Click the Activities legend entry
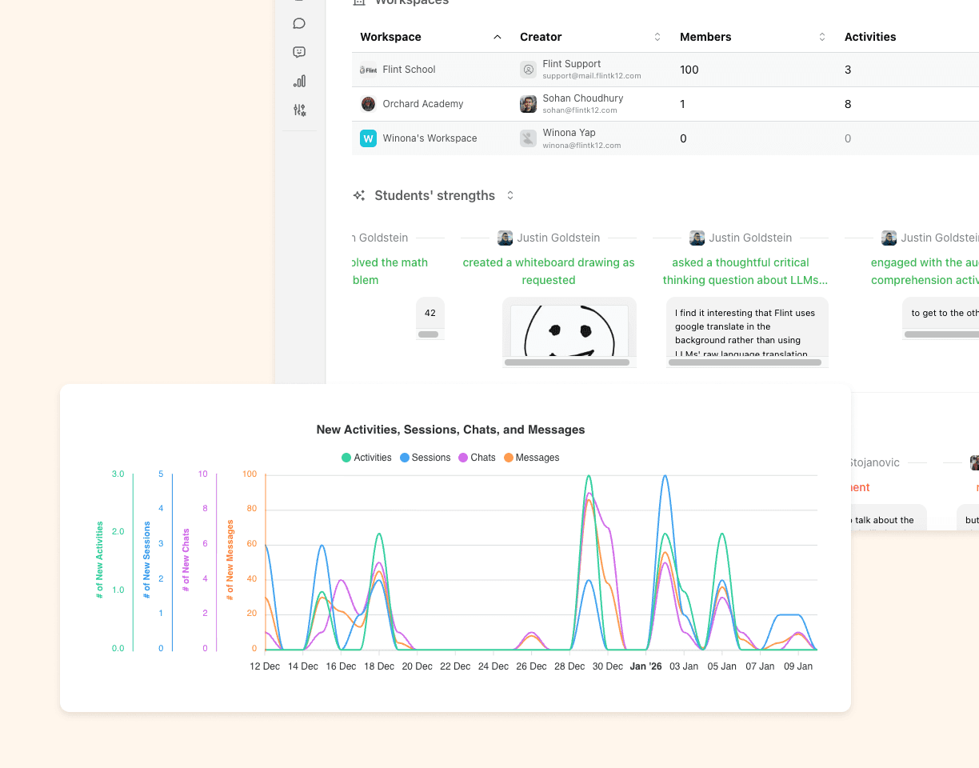click(x=366, y=458)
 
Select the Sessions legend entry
click(x=425, y=458)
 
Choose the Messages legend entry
click(x=531, y=458)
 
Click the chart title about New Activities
click(x=450, y=430)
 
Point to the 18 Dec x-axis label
click(x=379, y=666)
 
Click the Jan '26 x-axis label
click(x=645, y=666)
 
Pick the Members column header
click(x=705, y=37)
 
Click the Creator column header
click(x=541, y=37)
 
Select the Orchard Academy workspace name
click(x=423, y=104)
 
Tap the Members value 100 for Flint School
click(x=689, y=70)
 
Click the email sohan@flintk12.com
click(x=580, y=110)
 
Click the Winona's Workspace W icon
click(x=368, y=138)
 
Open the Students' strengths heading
click(x=434, y=195)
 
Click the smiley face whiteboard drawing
click(x=569, y=330)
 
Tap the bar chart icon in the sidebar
click(x=299, y=81)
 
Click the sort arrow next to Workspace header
click(x=497, y=37)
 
